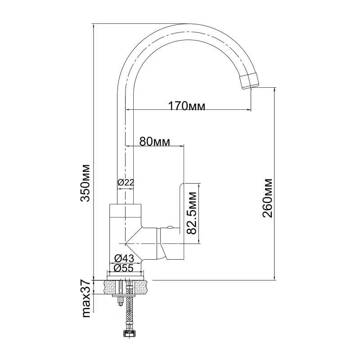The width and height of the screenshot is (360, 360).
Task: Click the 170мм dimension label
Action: click(x=187, y=106)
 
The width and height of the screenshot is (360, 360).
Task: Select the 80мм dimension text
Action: click(x=155, y=142)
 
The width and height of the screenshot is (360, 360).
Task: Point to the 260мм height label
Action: click(x=267, y=198)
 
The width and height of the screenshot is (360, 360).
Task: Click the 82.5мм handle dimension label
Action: click(x=192, y=213)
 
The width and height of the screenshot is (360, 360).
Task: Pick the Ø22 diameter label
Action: click(x=126, y=183)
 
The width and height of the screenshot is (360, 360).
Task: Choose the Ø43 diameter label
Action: click(x=124, y=259)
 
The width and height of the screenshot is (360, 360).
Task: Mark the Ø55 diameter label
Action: click(x=124, y=268)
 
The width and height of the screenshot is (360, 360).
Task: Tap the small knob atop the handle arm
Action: click(x=170, y=228)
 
